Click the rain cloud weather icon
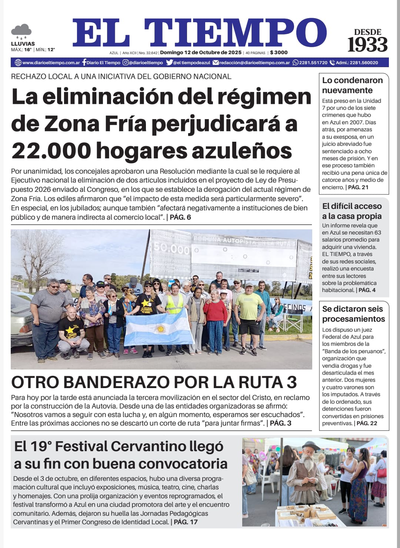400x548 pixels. (21, 31)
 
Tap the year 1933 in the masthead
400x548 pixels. (367, 45)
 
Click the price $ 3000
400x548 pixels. (279, 53)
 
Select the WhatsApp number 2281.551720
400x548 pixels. (313, 63)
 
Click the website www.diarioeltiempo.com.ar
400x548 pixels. (51, 63)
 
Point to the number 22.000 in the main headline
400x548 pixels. (51, 151)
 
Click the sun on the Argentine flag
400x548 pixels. (160, 329)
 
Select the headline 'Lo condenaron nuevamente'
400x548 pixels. (352, 85)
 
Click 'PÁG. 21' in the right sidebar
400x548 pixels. (358, 187)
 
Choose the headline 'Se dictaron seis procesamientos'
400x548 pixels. (353, 314)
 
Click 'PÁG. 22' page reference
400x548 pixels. (367, 423)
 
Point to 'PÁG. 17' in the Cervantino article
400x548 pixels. (186, 522)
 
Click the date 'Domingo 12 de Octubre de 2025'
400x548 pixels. (201, 53)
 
